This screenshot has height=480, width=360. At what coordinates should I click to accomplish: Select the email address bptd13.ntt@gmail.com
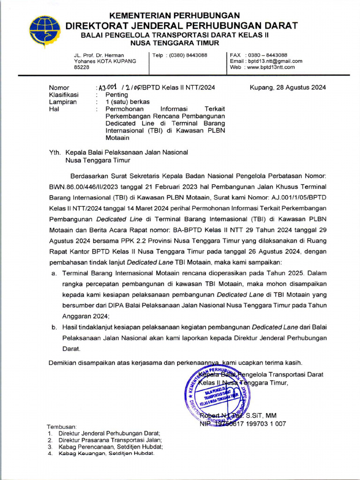[x=277, y=61]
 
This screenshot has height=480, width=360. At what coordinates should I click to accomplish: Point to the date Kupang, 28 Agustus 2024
[x=288, y=88]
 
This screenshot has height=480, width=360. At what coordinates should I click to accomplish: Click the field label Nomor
[x=59, y=88]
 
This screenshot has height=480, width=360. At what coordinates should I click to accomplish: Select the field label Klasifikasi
[x=64, y=95]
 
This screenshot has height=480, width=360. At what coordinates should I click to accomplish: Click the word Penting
[x=117, y=95]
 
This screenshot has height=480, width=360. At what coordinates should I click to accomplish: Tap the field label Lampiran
[x=63, y=102]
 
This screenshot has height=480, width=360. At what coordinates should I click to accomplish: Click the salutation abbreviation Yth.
[x=55, y=152]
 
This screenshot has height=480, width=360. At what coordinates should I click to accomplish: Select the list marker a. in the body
[x=54, y=273]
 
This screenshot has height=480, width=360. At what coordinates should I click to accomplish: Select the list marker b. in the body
[x=54, y=327]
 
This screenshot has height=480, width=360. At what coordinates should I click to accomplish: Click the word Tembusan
[x=62, y=427]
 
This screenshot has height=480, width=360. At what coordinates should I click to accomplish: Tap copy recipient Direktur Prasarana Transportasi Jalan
[x=110, y=440]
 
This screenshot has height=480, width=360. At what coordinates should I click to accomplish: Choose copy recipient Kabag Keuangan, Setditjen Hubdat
[x=106, y=454]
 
